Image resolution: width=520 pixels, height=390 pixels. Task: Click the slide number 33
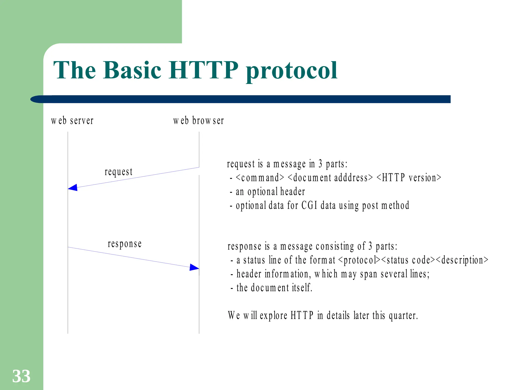[21, 376]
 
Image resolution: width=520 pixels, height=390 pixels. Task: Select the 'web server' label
[72, 121]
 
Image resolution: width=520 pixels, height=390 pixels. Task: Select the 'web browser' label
[199, 121]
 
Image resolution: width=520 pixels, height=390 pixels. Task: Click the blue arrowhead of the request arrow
[73, 188]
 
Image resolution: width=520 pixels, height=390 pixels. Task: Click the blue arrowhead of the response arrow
[194, 267]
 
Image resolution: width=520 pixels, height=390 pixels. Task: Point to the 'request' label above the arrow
[119, 172]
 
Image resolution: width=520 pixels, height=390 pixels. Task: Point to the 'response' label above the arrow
[125, 244]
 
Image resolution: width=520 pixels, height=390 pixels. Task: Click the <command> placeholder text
[260, 178]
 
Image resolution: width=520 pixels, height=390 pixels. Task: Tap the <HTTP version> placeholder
[409, 178]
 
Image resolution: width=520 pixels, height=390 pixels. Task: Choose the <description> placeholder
[462, 260]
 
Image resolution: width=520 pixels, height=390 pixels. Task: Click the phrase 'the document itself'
[274, 288]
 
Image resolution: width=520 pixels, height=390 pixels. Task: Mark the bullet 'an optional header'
[270, 192]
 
